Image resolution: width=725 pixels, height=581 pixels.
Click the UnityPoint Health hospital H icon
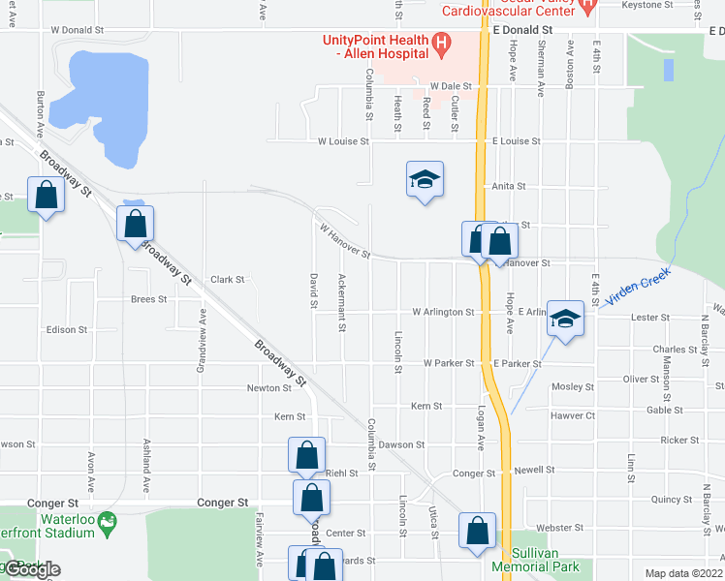(441, 44)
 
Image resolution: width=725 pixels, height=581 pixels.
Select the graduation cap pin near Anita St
(425, 180)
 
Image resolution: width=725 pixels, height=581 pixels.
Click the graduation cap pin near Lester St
(563, 319)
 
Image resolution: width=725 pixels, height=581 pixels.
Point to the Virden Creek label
(638, 288)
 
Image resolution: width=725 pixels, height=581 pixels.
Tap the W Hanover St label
(345, 241)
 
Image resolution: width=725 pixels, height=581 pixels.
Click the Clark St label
(227, 280)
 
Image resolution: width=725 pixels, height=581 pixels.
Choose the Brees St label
(148, 299)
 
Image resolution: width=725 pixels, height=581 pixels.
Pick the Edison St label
(66, 329)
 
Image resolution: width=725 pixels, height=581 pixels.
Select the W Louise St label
(343, 141)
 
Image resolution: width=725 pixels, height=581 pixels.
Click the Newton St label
(268, 388)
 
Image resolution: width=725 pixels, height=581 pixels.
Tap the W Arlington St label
(443, 313)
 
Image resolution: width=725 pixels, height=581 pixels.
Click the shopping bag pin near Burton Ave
(46, 196)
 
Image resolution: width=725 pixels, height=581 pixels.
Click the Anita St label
(508, 186)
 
